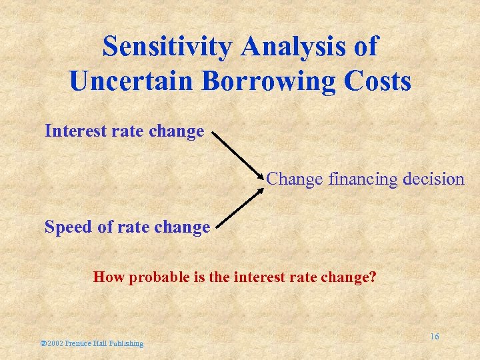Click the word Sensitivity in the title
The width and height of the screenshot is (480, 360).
(x=167, y=47)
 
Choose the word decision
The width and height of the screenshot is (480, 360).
(x=434, y=179)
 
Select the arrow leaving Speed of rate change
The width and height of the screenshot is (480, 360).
(x=239, y=206)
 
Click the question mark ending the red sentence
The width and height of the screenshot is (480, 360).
(x=372, y=277)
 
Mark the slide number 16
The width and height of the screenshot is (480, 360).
(x=434, y=337)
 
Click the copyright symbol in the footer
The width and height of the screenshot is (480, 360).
(x=43, y=343)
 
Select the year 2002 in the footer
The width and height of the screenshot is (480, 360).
(x=55, y=343)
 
